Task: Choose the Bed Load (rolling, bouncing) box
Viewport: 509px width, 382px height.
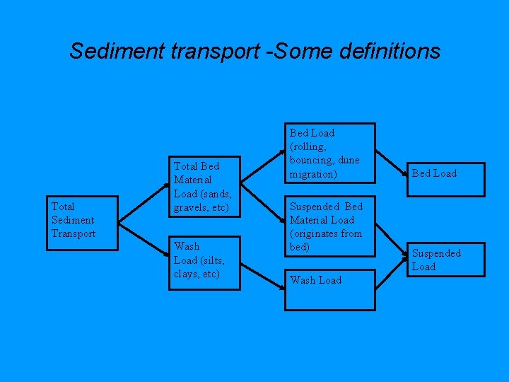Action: (x=329, y=154)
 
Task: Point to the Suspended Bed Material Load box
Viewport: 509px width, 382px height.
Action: (x=329, y=226)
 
